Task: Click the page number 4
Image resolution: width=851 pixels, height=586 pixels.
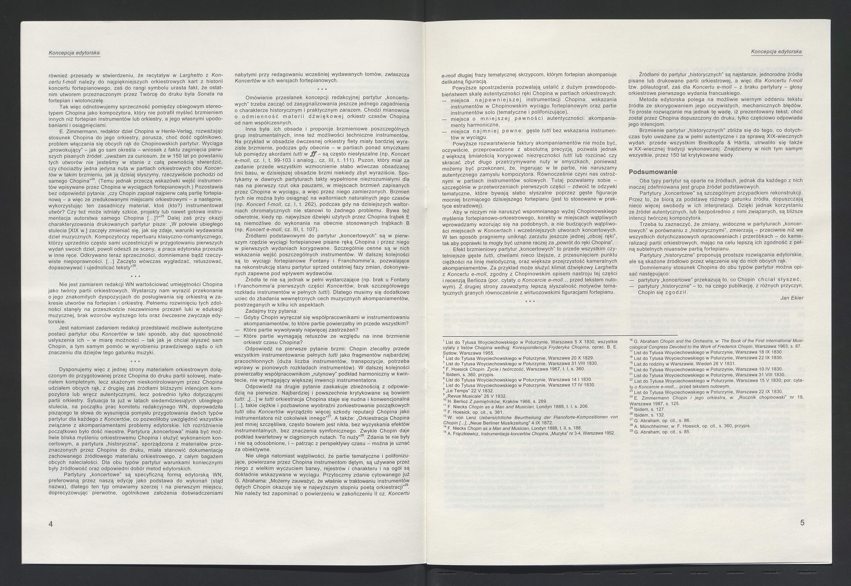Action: click(51, 524)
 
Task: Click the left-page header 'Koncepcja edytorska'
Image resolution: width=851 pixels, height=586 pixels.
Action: click(74, 53)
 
